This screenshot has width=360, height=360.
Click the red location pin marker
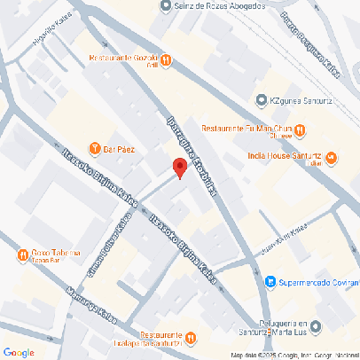click(178, 167)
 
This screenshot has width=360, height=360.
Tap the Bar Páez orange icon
click(95, 148)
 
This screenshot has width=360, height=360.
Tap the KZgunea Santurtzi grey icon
click(261, 99)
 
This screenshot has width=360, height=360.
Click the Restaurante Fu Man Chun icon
click(301, 129)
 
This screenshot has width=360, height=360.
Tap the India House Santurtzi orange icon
click(331, 159)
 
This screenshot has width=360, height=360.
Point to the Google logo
click(19, 352)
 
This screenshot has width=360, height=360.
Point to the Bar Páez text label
click(120, 149)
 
